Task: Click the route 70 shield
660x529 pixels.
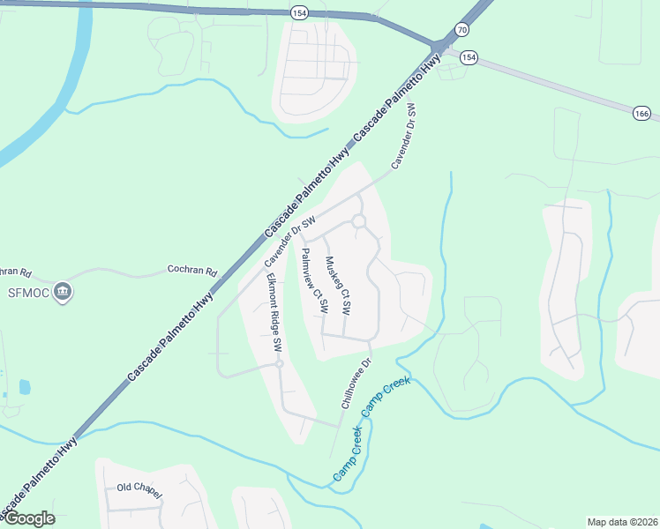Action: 461,29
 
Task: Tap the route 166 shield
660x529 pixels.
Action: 641,113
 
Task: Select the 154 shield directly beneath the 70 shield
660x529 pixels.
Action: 468,57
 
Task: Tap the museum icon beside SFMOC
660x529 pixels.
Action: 62,291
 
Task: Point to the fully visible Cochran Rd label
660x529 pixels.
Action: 191,271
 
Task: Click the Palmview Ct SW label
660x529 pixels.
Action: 314,281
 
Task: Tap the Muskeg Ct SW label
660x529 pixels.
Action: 339,287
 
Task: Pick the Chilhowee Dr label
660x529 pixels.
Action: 357,383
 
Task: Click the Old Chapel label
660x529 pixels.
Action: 139,488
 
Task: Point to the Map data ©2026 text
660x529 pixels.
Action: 623,522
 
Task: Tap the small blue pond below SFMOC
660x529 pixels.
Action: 24,386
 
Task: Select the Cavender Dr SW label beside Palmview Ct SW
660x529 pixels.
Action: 290,241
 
